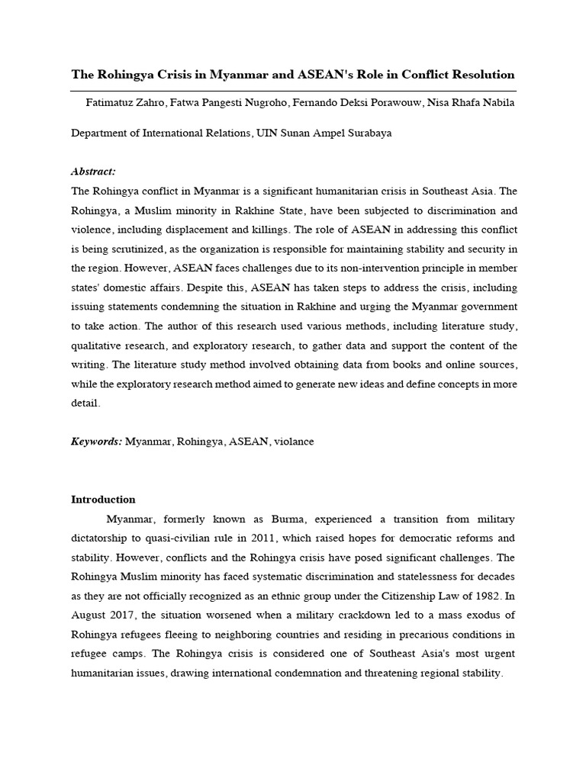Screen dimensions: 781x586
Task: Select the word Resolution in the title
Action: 482,75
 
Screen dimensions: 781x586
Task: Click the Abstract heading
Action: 93,172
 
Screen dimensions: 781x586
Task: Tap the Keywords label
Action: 96,442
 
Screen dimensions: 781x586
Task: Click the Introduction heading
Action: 103,500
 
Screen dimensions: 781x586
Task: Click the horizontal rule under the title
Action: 293,90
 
